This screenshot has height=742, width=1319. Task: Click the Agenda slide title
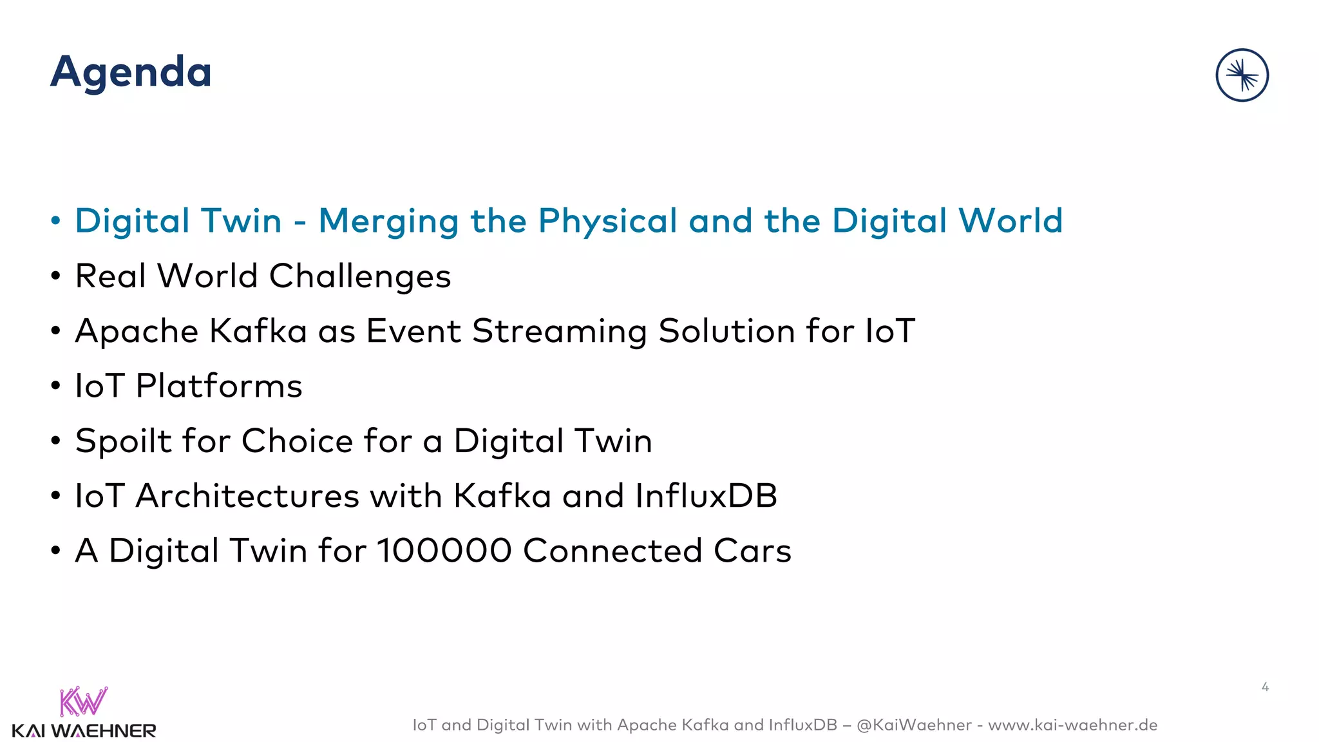(x=131, y=72)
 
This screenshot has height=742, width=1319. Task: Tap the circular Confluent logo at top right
(x=1242, y=75)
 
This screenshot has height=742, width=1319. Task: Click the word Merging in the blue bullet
(x=388, y=222)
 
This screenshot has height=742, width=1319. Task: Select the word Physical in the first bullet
(x=608, y=222)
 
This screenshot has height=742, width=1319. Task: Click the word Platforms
(x=219, y=386)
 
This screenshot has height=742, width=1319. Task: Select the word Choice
(x=297, y=441)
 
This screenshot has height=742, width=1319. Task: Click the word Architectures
(x=247, y=496)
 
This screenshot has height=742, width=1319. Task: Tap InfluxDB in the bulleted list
(x=706, y=496)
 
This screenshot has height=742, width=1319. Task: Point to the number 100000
(x=444, y=551)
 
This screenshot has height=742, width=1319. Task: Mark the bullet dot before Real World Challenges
(x=56, y=276)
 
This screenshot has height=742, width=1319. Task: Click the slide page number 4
(x=1265, y=687)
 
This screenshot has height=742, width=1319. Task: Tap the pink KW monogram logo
(x=84, y=702)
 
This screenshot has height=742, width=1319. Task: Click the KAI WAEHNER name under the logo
(x=84, y=731)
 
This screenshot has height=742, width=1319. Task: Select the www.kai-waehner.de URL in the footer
(x=1072, y=725)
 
